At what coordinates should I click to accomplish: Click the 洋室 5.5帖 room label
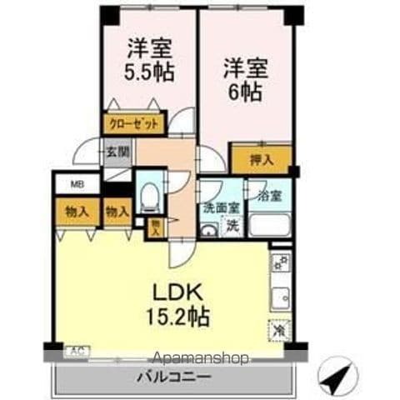(151, 61)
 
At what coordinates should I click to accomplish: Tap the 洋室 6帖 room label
(242, 79)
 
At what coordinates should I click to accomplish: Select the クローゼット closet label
(131, 124)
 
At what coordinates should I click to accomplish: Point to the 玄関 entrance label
(117, 152)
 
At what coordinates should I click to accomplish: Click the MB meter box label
(75, 186)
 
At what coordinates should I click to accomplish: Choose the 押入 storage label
(261, 157)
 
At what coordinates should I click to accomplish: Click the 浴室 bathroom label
(270, 196)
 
